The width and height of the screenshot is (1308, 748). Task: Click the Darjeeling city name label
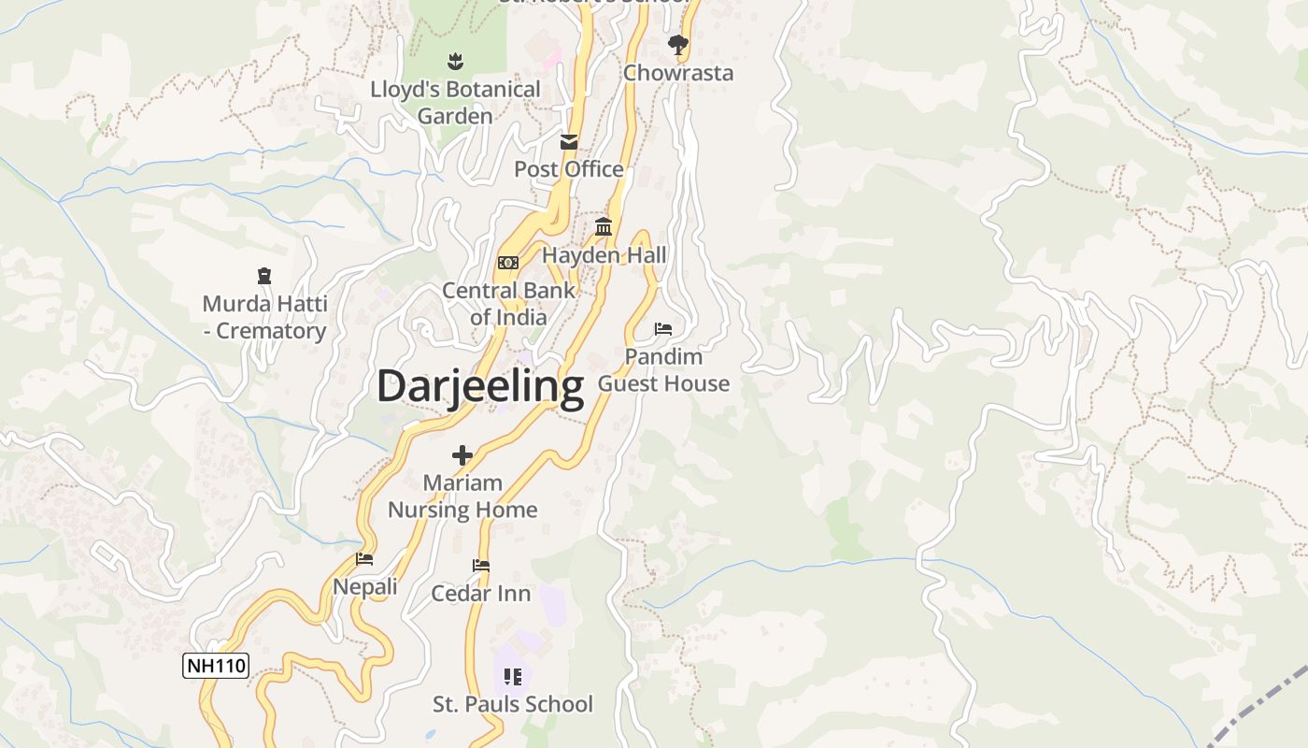480,386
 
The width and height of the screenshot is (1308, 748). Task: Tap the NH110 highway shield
216,666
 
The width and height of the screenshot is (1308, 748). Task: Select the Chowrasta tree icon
677,44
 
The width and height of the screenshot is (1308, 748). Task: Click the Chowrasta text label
678,73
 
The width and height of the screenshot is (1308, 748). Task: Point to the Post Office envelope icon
569,142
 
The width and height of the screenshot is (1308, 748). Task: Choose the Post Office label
569,169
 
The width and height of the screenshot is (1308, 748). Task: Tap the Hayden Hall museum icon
604,227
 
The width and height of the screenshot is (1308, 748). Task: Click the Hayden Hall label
604,255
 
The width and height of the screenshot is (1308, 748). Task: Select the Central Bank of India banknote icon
508,263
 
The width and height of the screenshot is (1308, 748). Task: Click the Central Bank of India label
508,304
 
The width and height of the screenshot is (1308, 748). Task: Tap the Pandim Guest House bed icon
663,329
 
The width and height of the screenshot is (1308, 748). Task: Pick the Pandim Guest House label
663,370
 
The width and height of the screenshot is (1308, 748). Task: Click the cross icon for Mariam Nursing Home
462,455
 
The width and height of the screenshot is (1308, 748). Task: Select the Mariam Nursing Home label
462,496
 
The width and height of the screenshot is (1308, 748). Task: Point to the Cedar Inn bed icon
481,566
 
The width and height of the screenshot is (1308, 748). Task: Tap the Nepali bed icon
364,559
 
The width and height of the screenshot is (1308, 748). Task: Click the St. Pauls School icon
512,676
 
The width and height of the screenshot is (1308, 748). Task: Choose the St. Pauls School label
512,704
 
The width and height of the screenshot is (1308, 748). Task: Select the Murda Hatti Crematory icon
264,276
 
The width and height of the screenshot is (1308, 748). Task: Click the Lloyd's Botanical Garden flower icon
455,62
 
